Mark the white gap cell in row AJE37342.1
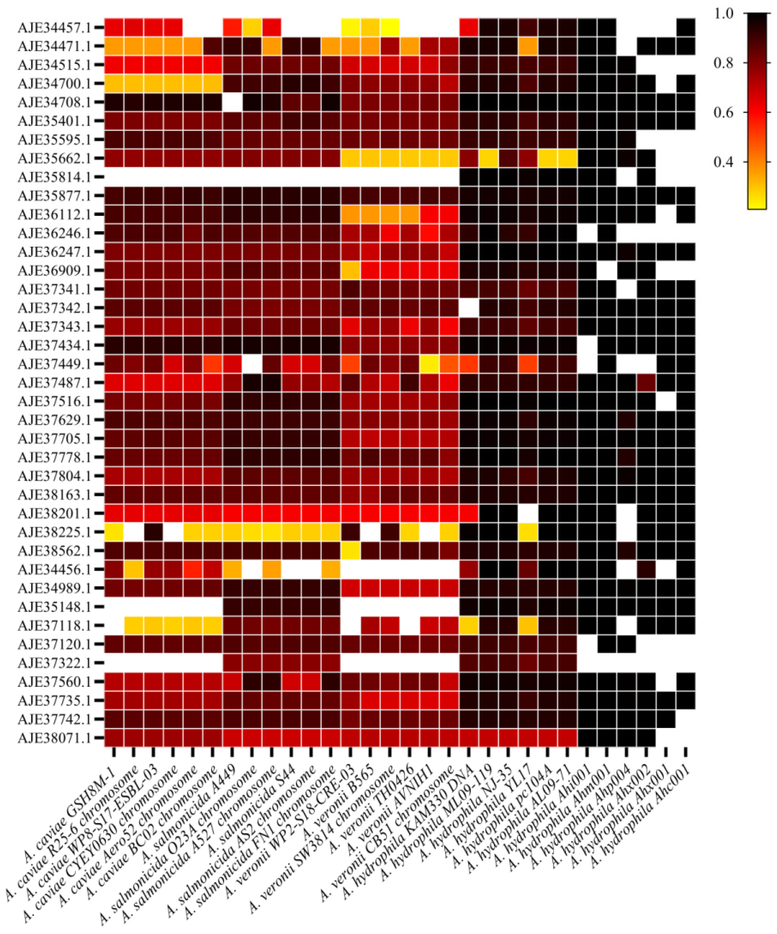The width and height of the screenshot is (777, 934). tap(469, 308)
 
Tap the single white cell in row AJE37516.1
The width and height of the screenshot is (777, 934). tap(665, 401)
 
